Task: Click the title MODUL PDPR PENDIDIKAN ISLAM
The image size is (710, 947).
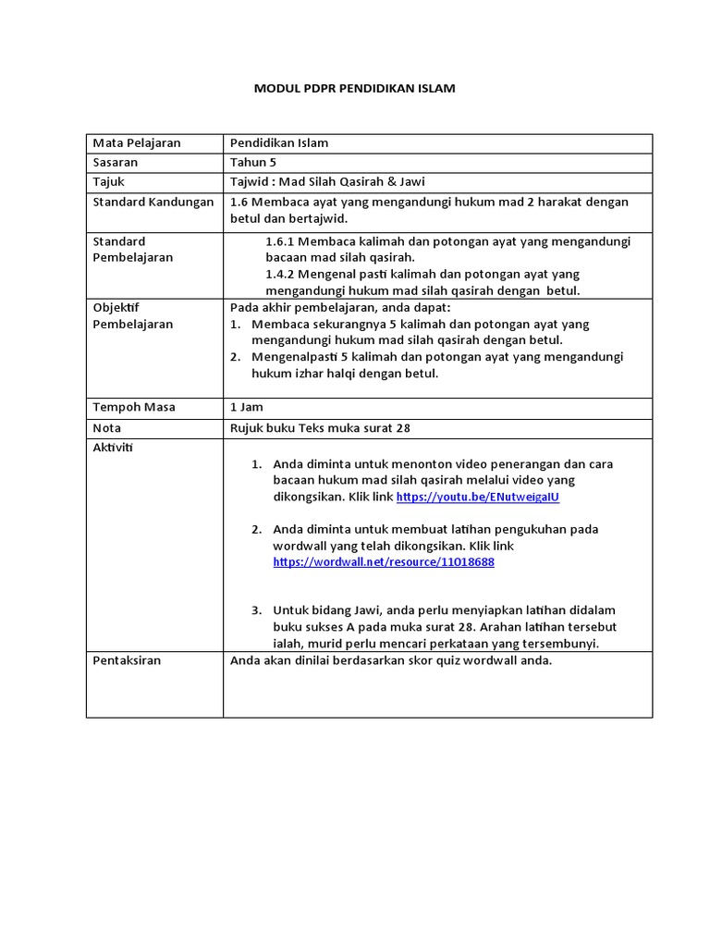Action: [x=355, y=89]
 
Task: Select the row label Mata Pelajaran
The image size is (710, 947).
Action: [x=137, y=143]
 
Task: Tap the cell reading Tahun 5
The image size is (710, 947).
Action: [x=253, y=163]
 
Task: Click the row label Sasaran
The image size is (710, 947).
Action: [x=116, y=163]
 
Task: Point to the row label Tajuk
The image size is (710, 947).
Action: [x=109, y=182]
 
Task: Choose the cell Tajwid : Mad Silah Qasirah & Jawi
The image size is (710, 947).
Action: [x=327, y=182]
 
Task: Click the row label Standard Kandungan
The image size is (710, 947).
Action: [x=153, y=203]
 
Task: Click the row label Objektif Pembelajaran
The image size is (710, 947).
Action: [x=133, y=316]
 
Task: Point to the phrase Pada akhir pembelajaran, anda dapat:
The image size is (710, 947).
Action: [x=340, y=308]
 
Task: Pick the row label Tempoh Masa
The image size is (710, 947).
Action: [x=134, y=408]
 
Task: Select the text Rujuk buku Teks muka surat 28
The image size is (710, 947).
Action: [x=320, y=428]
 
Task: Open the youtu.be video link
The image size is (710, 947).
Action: [x=478, y=498]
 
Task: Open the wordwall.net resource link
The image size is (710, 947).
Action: [x=384, y=562]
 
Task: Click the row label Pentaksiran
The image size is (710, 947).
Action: [x=127, y=661]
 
